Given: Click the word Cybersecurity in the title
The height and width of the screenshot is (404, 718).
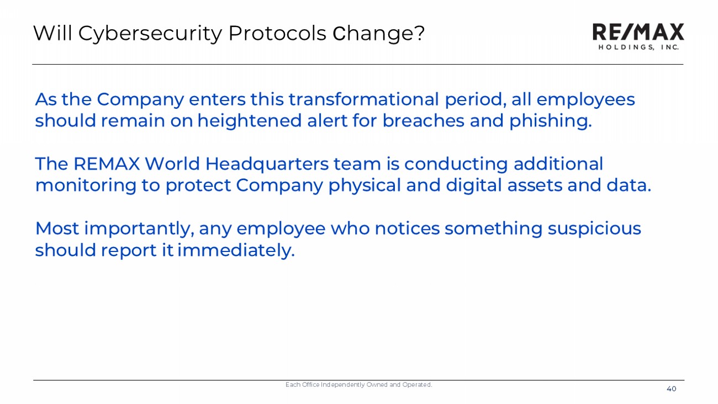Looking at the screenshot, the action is click(150, 34).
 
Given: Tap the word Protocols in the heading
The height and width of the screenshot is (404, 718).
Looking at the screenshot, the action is click(277, 33).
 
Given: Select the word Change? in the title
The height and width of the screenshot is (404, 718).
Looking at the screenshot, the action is click(378, 34).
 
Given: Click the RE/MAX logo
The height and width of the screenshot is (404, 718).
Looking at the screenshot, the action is click(638, 32).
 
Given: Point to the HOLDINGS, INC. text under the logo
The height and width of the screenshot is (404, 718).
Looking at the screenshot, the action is click(638, 47).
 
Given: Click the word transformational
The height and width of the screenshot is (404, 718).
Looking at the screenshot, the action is click(363, 99).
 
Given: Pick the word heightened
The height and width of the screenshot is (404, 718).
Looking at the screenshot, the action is click(250, 121).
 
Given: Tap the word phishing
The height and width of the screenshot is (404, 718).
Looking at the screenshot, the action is click(550, 121).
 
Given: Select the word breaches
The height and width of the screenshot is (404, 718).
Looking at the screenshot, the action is click(423, 120).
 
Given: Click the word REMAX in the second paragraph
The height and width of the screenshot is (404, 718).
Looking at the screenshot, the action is click(107, 164).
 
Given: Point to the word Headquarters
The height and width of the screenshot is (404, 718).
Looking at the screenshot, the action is click(267, 165).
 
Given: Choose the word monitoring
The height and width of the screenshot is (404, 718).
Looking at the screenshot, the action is click(86, 186).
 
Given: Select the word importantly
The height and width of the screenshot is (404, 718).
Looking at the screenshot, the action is click(139, 229).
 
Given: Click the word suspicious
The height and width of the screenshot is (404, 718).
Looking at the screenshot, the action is click(594, 229).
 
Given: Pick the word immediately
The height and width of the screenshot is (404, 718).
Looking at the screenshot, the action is click(236, 250).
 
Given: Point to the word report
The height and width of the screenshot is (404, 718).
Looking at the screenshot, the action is click(129, 251).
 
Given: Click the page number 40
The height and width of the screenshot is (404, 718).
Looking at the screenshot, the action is click(671, 389).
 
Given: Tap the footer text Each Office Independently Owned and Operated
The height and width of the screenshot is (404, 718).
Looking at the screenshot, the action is click(358, 385).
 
